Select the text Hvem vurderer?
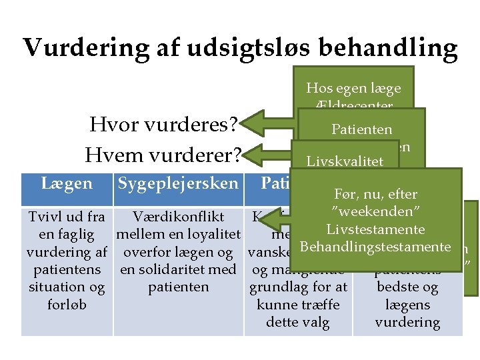click(163, 155)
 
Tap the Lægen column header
click(67, 183)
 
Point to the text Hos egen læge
click(353, 88)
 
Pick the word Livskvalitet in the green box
click(344, 161)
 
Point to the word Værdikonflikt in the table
click(178, 217)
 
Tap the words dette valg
click(297, 322)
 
